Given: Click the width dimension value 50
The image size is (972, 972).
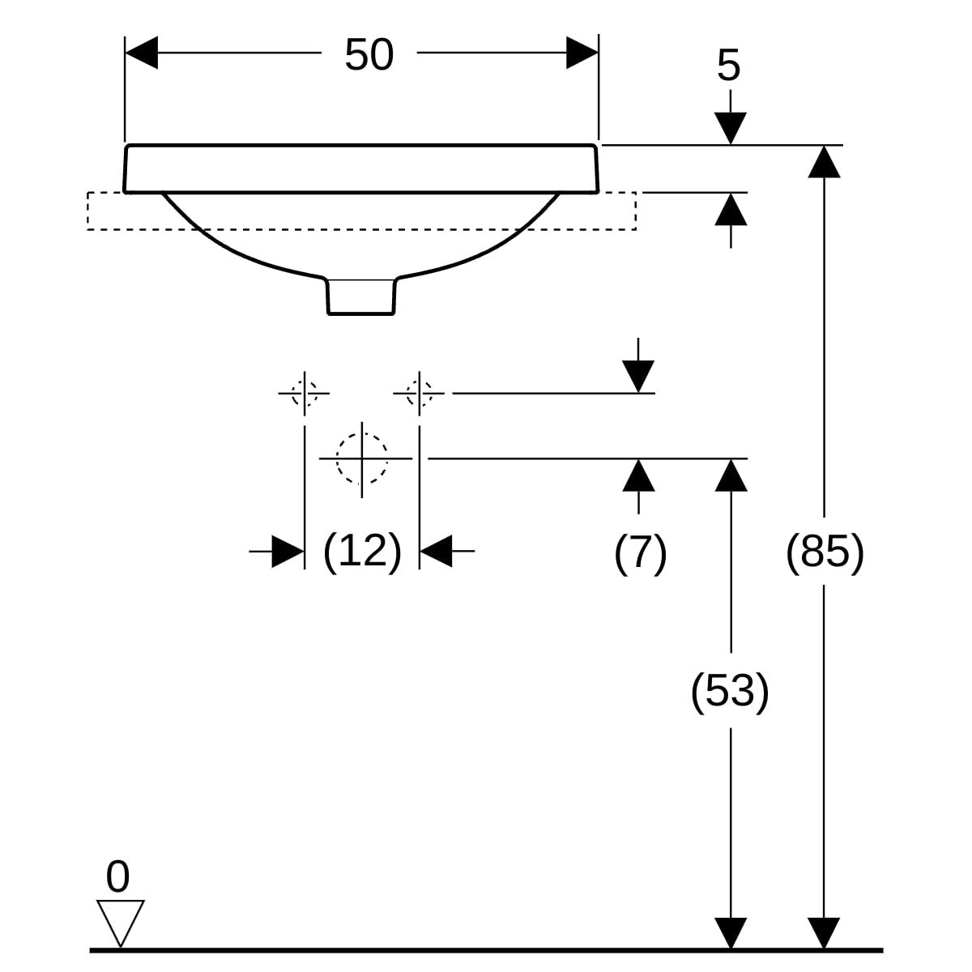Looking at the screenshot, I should click(x=369, y=54).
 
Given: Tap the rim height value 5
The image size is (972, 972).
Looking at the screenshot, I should click(x=728, y=66).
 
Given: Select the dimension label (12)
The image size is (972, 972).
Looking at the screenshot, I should click(x=362, y=552).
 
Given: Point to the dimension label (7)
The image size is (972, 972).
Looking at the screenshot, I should click(x=640, y=553).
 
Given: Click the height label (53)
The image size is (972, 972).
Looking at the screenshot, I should click(x=729, y=691).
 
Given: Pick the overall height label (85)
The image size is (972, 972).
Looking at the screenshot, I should click(x=825, y=552).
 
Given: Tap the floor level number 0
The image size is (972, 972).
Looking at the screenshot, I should click(x=118, y=877).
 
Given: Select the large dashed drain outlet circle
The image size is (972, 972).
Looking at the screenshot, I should click(x=361, y=458).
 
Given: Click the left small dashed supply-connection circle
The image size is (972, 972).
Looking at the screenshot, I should click(x=304, y=393).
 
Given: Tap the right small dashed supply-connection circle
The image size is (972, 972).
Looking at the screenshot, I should click(x=419, y=393).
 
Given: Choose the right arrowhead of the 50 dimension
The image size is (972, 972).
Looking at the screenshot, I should click(x=582, y=53).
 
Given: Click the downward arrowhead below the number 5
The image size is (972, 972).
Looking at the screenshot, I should click(x=731, y=129).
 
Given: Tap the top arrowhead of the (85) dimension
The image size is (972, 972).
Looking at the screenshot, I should click(x=825, y=161).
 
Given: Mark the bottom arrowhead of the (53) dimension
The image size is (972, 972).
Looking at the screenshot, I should click(x=731, y=932).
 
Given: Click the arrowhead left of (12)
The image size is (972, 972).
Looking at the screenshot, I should click(x=288, y=552).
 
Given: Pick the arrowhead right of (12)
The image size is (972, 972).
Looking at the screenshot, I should click(x=435, y=552).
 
